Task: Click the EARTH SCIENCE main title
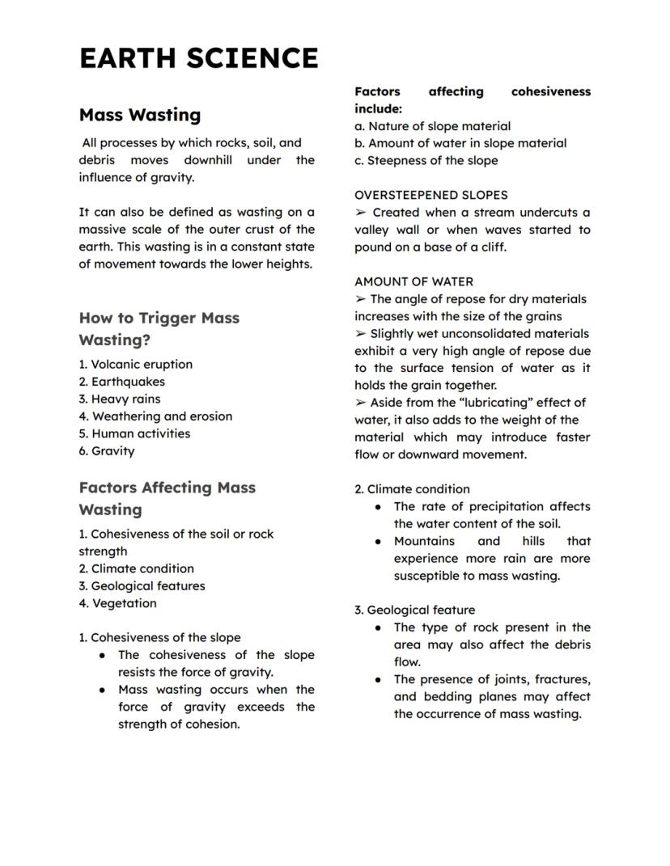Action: pos(198,59)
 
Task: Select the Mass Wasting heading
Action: pos(139,115)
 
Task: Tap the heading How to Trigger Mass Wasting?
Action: pos(159,328)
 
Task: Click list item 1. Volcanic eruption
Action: pos(135,365)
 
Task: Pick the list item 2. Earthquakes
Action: pos(121,382)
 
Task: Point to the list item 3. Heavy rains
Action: pos(119,399)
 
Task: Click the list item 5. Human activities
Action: pos(134,434)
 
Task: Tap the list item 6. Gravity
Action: pos(107,451)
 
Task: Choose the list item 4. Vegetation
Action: pos(117,603)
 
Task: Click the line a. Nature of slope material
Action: pos(432,126)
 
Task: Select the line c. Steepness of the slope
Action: pos(426,161)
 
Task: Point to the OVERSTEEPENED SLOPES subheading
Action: pos(430,196)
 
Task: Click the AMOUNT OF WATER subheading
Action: pos(413,282)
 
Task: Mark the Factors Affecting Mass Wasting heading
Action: pos(167,498)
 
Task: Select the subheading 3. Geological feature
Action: pos(414,610)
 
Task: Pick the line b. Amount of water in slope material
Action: pos(460,144)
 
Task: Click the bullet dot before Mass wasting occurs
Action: pos(102,691)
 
